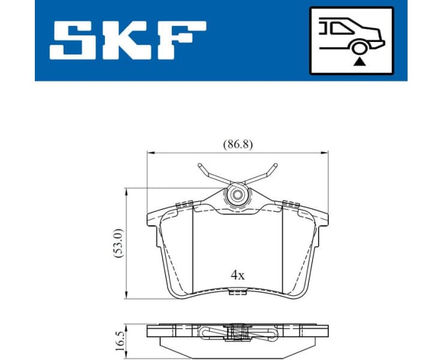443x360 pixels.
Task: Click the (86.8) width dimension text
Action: pyautogui.click(x=238, y=144)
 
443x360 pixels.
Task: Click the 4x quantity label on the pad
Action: pyautogui.click(x=238, y=275)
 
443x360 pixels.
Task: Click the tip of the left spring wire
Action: pyautogui.click(x=198, y=166)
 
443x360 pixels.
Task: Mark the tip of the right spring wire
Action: pyautogui.click(x=276, y=166)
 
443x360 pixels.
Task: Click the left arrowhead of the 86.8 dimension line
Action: pyautogui.click(x=150, y=152)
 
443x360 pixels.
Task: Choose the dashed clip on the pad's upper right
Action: pyautogui.click(x=292, y=205)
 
